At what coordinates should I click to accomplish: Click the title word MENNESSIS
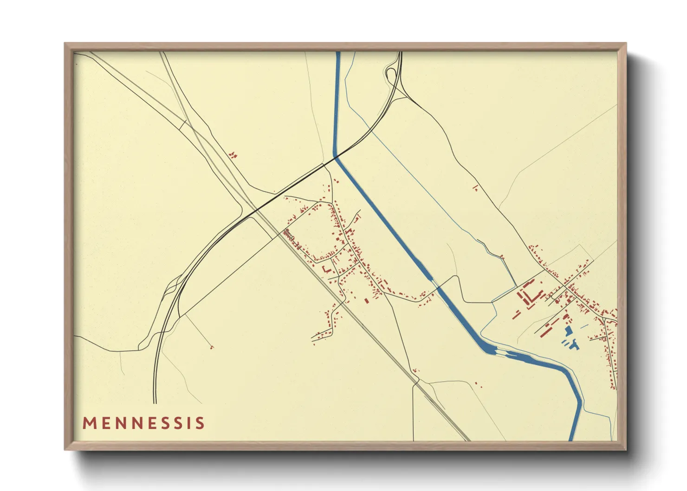[x=143, y=423]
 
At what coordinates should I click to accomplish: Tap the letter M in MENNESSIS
[x=89, y=423]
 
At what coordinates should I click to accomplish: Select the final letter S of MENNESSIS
[x=200, y=423]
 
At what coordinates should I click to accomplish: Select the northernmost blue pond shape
[x=568, y=330]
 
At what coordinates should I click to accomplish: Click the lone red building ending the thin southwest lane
[x=212, y=347]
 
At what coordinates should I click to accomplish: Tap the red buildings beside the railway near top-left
[x=233, y=155]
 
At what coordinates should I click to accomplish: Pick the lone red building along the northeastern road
[x=475, y=188]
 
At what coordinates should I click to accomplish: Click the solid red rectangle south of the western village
[x=366, y=300]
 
